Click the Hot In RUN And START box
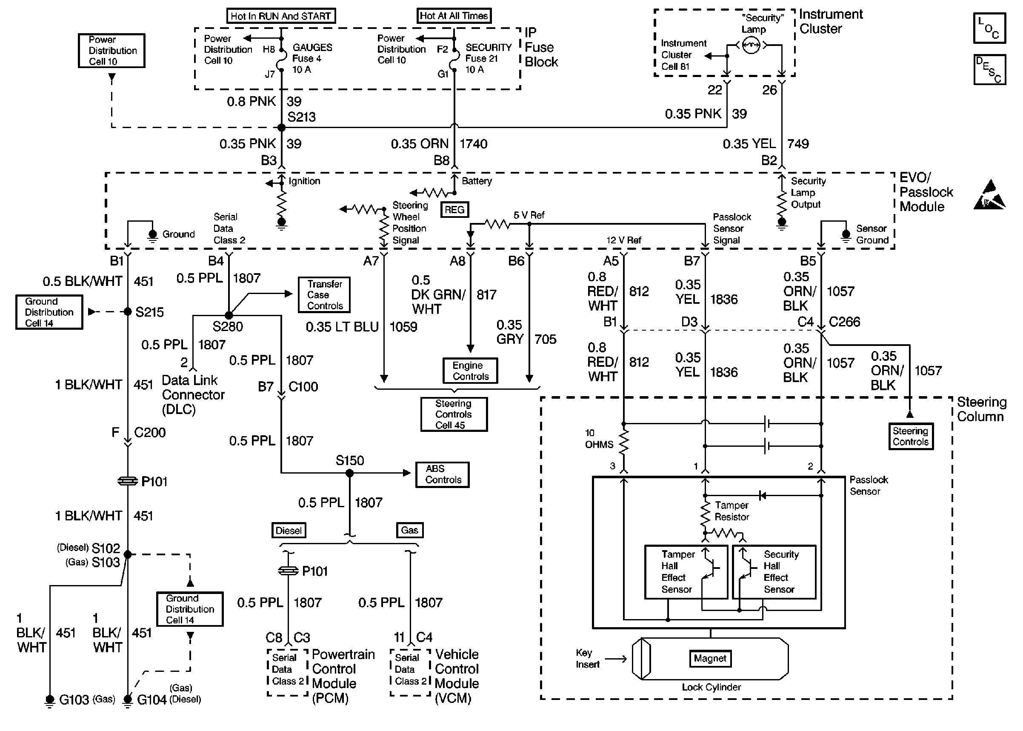(x=281, y=16)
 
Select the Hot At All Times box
(x=454, y=16)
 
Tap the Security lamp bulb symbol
(x=750, y=45)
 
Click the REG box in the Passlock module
(x=454, y=210)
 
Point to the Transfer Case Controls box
(x=324, y=295)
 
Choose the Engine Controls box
(x=470, y=371)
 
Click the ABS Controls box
(x=443, y=474)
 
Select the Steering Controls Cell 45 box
(x=454, y=414)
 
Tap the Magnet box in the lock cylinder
(x=710, y=659)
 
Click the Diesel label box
(x=289, y=530)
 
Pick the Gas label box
(x=409, y=530)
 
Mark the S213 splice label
(x=302, y=117)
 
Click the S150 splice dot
(x=350, y=473)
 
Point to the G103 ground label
(x=74, y=700)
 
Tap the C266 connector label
(x=844, y=322)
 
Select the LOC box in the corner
(x=989, y=29)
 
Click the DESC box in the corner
(x=989, y=70)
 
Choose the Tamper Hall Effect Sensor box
(x=686, y=572)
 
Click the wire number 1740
(x=474, y=144)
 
